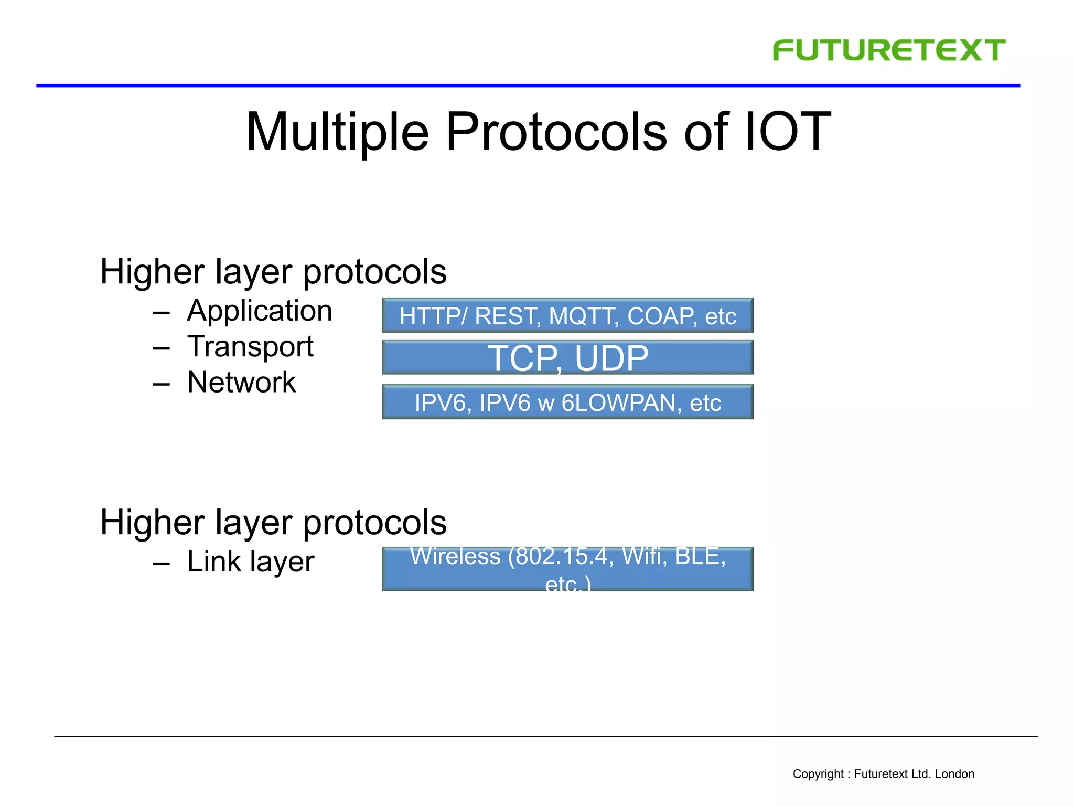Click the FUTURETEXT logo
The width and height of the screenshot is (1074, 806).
click(x=889, y=50)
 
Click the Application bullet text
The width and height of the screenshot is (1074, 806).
click(x=260, y=311)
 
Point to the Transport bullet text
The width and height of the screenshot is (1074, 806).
click(x=250, y=346)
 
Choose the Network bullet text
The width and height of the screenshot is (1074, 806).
click(x=241, y=382)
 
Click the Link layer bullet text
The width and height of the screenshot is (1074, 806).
click(x=250, y=561)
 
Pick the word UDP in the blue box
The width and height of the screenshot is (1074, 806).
click(x=611, y=358)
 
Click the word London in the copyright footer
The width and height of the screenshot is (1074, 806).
click(x=954, y=774)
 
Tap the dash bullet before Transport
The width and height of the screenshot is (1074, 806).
click(x=162, y=348)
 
